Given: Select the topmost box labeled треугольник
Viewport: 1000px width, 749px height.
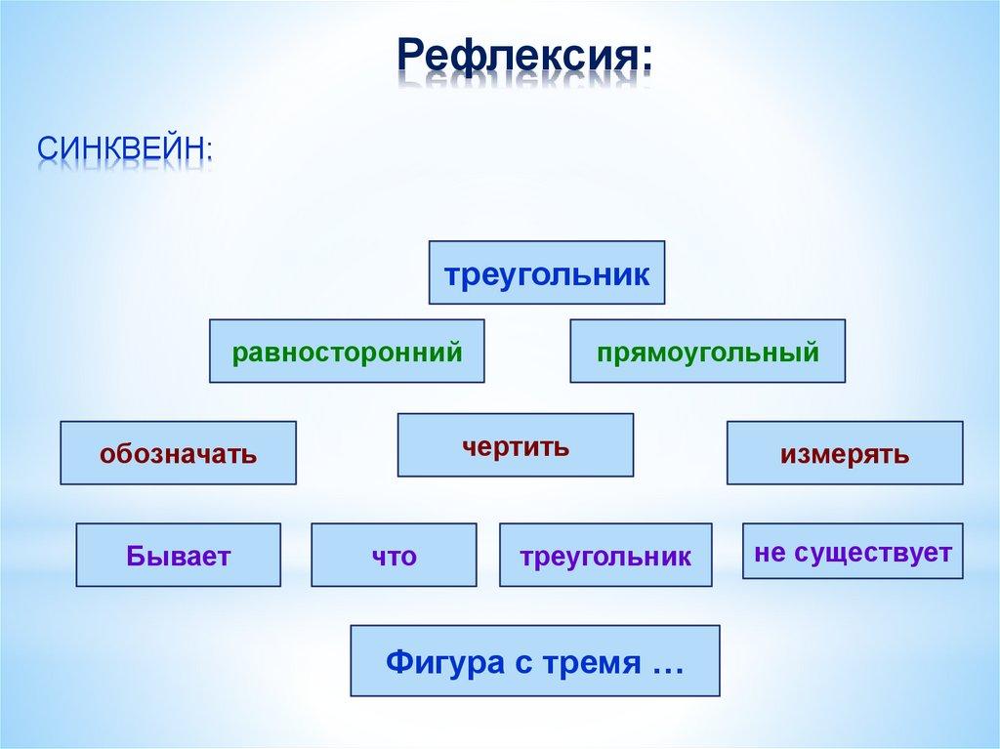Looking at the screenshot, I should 547,272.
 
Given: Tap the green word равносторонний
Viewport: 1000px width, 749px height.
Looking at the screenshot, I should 347,351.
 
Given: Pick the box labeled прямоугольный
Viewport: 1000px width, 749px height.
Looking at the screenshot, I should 708,351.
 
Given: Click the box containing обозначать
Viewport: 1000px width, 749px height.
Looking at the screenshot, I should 178,453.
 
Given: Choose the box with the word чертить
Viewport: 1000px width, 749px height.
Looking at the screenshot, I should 515,446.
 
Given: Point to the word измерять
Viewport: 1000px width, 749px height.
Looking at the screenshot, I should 844,453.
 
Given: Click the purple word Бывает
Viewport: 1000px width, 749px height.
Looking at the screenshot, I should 178,556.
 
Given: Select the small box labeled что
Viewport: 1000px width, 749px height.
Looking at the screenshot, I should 394,556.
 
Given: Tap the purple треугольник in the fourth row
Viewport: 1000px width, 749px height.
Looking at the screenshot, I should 605,556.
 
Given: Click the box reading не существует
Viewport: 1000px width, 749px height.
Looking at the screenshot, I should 853,552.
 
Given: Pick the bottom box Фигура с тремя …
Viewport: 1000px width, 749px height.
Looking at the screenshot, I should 534,661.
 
